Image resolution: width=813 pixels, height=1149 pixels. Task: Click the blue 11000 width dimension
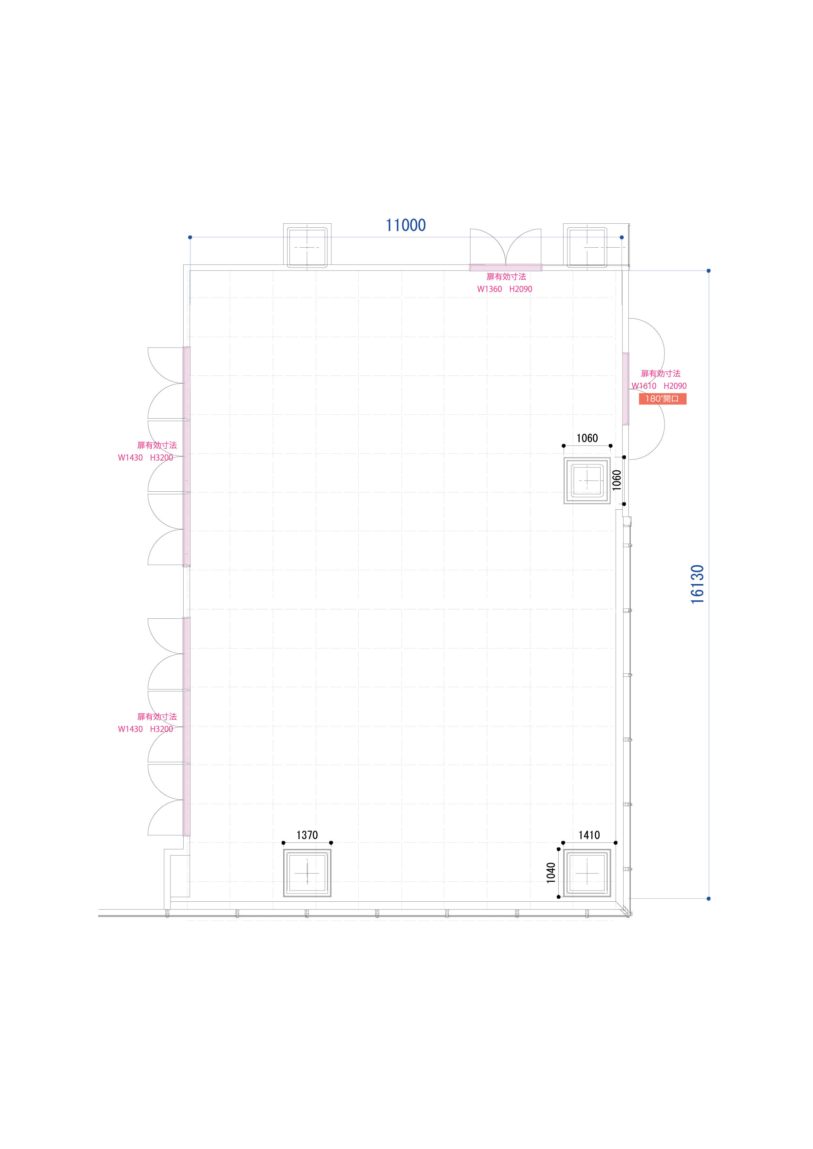[x=406, y=225]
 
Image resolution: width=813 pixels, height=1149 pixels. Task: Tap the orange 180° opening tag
[x=662, y=399]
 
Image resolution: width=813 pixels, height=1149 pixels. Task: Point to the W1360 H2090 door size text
[x=505, y=289]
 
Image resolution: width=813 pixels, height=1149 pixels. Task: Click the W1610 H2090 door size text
[x=659, y=386]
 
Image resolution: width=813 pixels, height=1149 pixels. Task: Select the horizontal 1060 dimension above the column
[x=587, y=438]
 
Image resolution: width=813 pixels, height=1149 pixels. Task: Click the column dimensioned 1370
[x=307, y=873]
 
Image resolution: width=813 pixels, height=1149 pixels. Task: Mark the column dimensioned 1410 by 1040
[x=587, y=873]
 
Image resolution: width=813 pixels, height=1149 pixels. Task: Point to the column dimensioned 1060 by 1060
[x=587, y=480]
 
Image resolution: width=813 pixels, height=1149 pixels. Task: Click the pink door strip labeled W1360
[x=506, y=268]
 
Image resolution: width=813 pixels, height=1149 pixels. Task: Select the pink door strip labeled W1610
[x=626, y=389]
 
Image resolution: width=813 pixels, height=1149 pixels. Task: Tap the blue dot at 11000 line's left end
[x=190, y=237]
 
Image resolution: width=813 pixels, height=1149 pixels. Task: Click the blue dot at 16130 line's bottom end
[x=708, y=899]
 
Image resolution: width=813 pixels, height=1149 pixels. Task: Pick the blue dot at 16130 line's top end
[x=708, y=271]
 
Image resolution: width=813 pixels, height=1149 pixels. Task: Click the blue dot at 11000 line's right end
[x=622, y=237]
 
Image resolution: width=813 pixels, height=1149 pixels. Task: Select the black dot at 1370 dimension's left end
[x=284, y=843]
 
